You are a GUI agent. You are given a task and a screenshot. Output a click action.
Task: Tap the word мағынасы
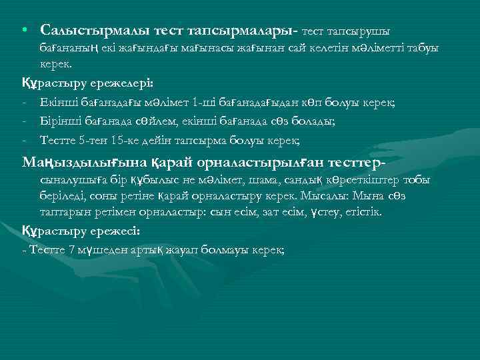pyautogui.click(x=185, y=50)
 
